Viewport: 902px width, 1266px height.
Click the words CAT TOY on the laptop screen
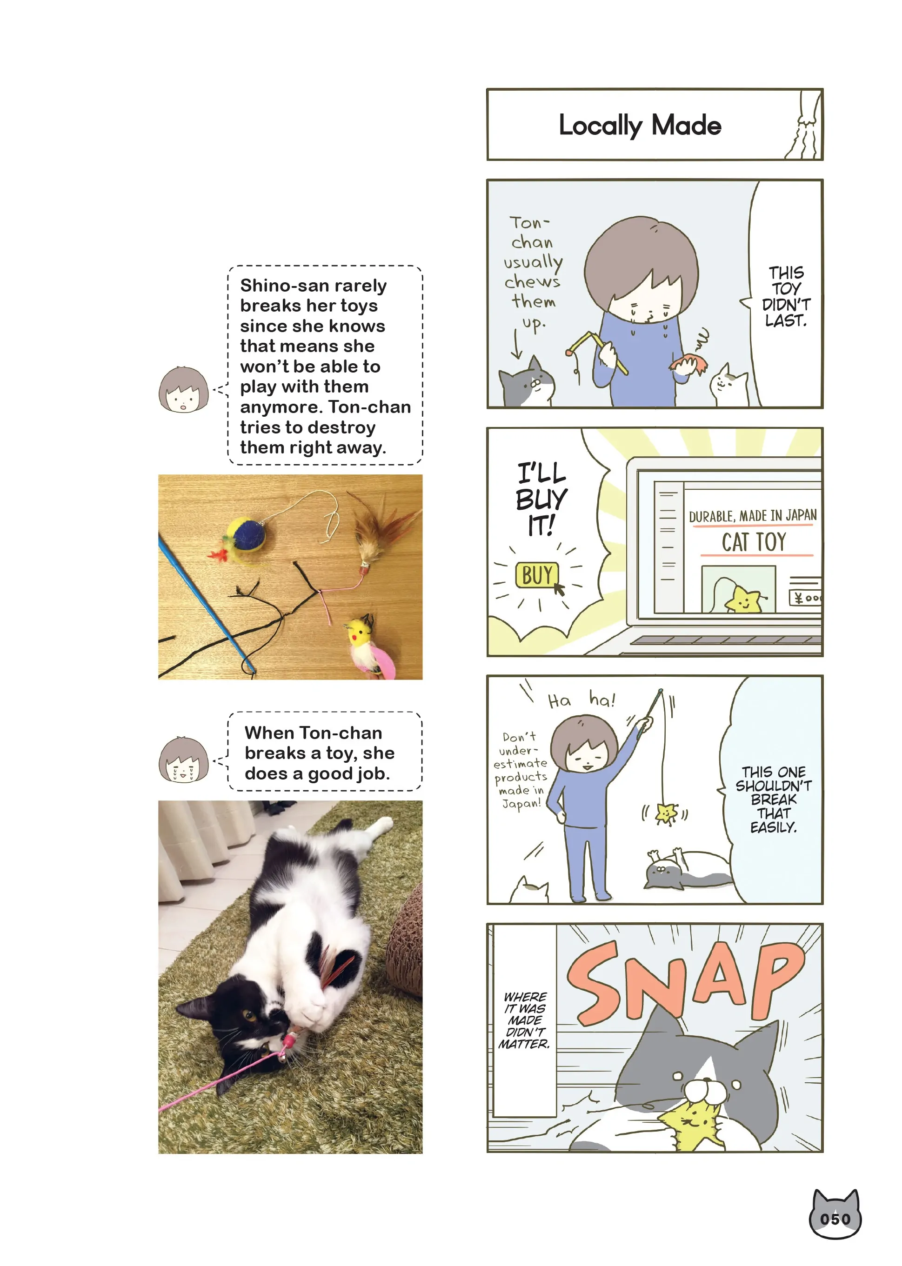click(754, 542)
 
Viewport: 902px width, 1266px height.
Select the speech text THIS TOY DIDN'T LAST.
click(786, 297)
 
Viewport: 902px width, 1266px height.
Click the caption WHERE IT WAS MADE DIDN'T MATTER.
click(524, 1020)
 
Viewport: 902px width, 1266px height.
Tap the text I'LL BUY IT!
click(541, 499)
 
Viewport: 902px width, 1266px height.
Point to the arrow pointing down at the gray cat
click(516, 344)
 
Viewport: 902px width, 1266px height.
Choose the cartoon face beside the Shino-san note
click(183, 389)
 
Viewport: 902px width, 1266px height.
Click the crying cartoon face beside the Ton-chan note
click(183, 760)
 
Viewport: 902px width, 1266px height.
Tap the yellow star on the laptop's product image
click(743, 600)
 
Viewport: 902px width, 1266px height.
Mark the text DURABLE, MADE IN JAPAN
click(753, 516)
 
